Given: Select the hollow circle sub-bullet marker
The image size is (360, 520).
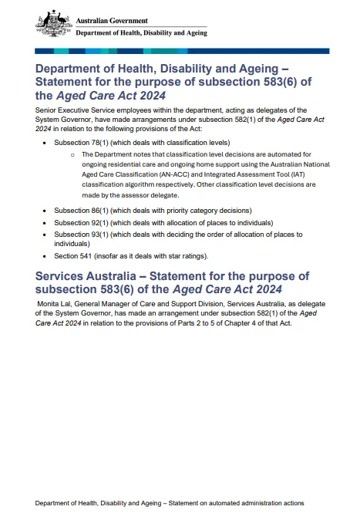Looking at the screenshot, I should pos(72,155).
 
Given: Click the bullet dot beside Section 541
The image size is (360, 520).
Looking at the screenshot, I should pos(45,256).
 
